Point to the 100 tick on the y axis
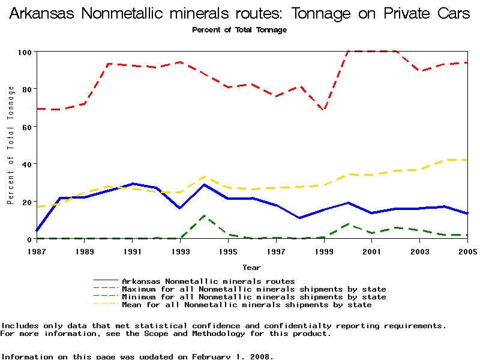coord(24,52)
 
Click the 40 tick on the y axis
coord(26,164)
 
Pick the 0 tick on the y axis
coord(29,239)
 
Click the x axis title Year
coord(251,267)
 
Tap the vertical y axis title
coord(11,145)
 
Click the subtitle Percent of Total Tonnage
coord(239,30)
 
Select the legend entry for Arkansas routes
coord(208,281)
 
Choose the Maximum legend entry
coord(254,289)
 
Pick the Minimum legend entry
coord(254,297)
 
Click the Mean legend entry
coord(247,305)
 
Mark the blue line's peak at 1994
coord(205,185)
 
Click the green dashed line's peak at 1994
coord(205,216)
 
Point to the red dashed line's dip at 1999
coord(324,110)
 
